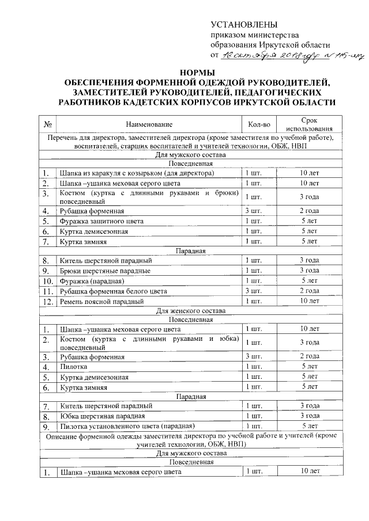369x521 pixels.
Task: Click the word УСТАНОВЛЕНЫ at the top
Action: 244,25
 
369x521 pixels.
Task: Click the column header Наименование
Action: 149,124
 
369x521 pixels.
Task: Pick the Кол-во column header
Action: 258,124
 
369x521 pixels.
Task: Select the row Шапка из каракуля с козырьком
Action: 136,173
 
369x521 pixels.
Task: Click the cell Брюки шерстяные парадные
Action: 105,271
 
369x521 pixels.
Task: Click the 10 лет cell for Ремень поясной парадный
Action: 310,301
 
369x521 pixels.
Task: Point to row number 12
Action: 48,301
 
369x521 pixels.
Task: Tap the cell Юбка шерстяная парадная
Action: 102,416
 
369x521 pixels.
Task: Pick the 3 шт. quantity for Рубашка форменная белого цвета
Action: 254,291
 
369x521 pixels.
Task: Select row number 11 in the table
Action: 48,291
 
